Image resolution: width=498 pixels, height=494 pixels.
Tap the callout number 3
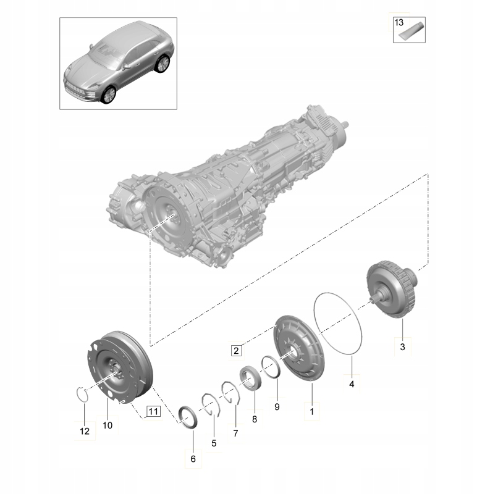(x=402, y=348)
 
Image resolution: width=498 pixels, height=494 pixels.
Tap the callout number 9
(x=277, y=407)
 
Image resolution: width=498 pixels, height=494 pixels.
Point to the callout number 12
(x=85, y=431)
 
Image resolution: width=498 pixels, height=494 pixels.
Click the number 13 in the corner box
(x=399, y=22)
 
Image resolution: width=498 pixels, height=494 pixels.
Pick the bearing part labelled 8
(x=251, y=378)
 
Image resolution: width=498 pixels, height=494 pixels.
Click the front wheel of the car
(x=109, y=94)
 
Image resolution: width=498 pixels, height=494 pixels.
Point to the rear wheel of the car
(x=163, y=63)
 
